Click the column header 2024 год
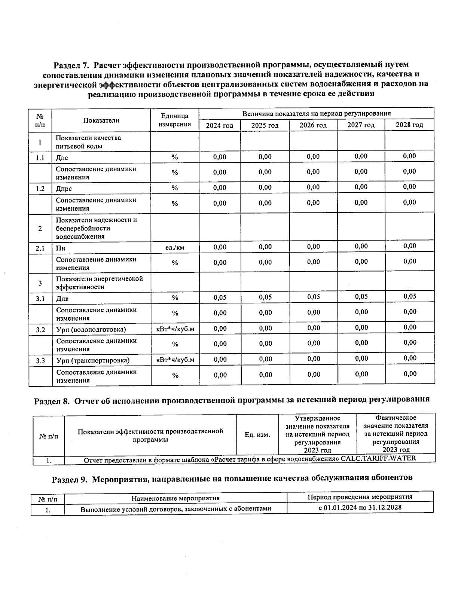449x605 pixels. coord(219,125)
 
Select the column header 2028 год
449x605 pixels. coord(409,125)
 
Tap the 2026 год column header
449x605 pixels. coord(313,125)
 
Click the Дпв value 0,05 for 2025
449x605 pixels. coord(265,297)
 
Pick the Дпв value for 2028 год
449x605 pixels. coord(410,296)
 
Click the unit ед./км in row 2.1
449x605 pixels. coord(174,247)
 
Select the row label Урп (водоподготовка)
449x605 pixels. coord(91,330)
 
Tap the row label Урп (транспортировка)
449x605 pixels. coord(93,360)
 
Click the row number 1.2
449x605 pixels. coord(40,189)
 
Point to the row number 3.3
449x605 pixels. coord(40,361)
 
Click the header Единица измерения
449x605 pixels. coord(174,120)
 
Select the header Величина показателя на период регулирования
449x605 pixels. coord(316,113)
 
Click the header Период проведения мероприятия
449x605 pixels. coord(360,497)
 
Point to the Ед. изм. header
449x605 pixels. coord(257,435)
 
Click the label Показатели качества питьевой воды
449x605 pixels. coord(88,142)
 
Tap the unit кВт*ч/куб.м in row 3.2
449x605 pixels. coord(175,329)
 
